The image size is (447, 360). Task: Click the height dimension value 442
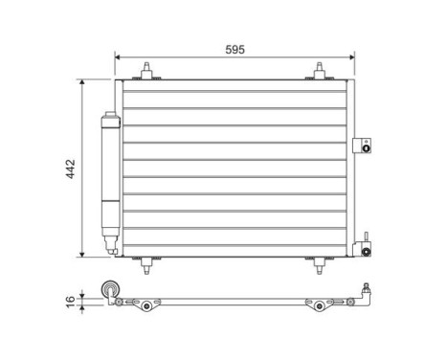(x=70, y=169)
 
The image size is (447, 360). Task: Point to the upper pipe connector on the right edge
(x=362, y=145)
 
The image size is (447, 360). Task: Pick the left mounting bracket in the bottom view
(x=146, y=304)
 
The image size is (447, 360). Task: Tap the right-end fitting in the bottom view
(x=365, y=291)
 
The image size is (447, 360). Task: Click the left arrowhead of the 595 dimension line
(x=118, y=56)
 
